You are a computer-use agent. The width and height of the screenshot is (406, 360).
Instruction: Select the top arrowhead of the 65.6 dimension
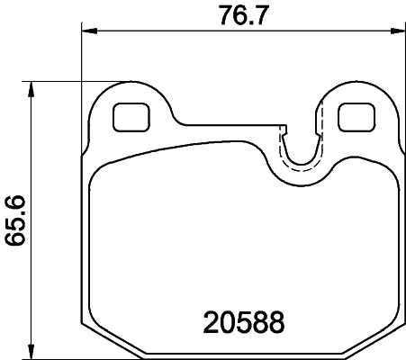pyautogui.click(x=32, y=87)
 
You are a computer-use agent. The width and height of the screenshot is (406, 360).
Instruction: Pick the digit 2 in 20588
pyautogui.click(x=209, y=321)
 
